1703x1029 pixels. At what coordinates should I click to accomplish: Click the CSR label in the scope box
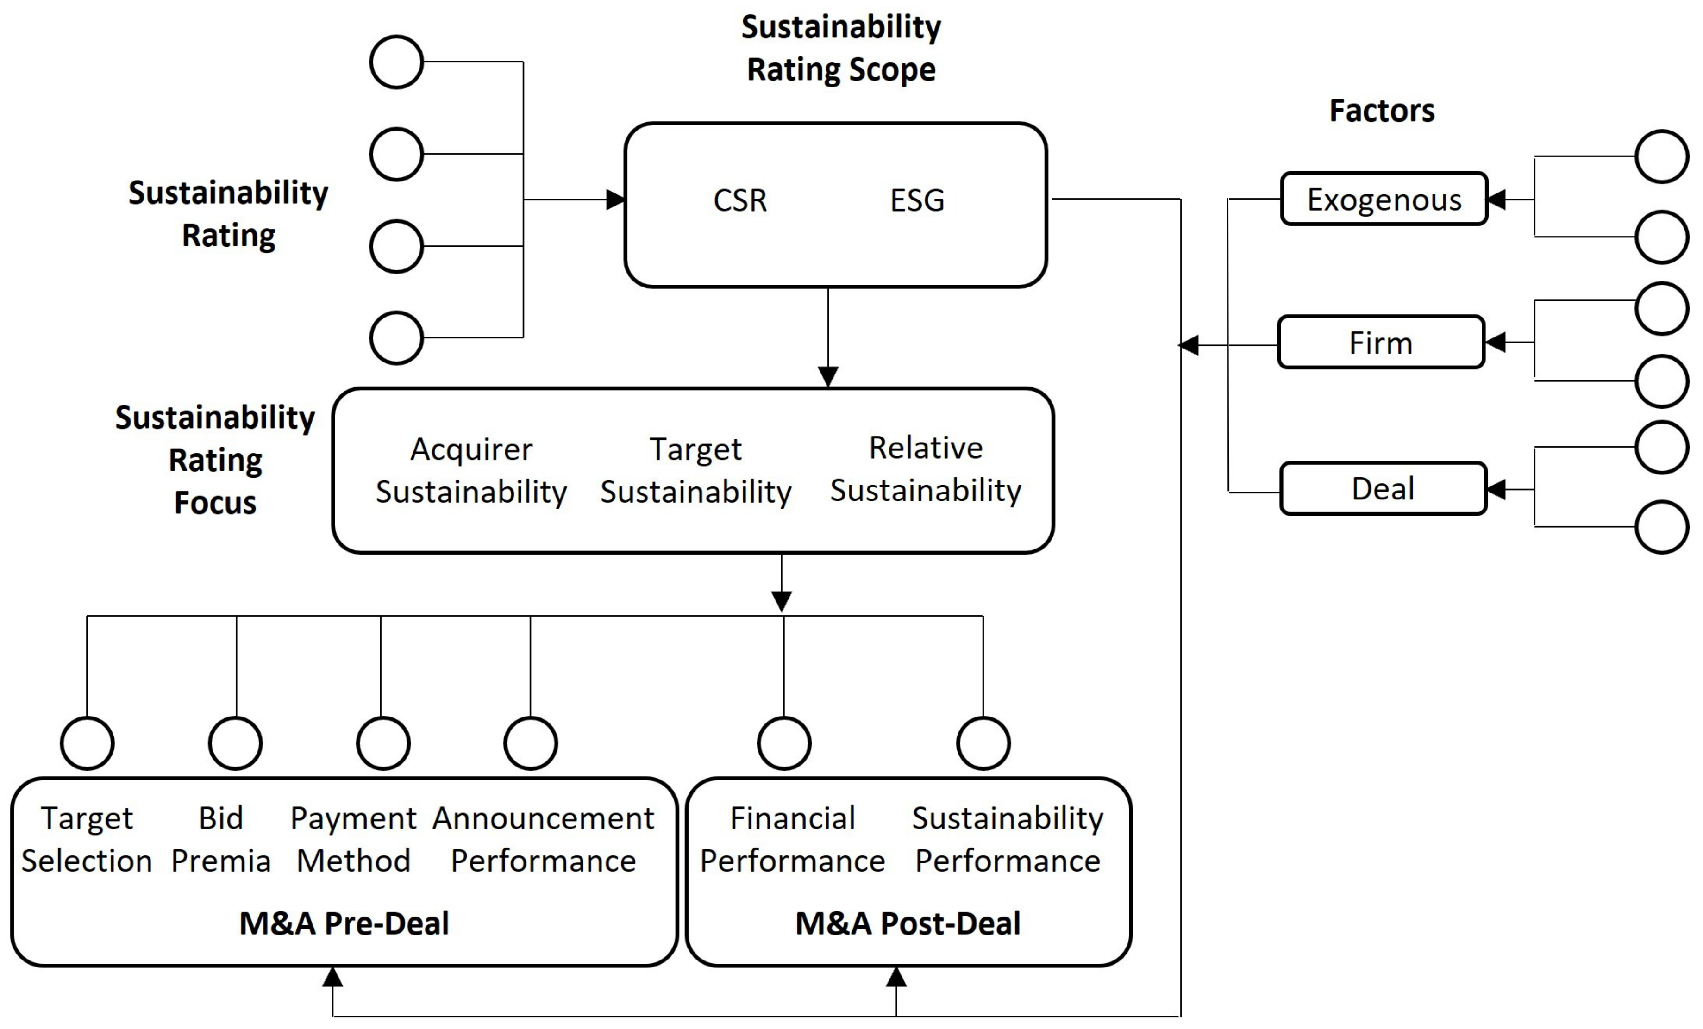coord(739,201)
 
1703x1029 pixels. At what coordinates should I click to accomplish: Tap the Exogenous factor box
coord(1384,199)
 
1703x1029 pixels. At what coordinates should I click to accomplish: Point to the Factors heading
coord(1382,111)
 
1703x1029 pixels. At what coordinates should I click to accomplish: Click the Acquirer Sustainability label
coord(471,471)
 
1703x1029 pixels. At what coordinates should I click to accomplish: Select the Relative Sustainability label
coord(926,469)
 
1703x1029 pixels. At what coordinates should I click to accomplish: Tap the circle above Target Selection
coord(87,743)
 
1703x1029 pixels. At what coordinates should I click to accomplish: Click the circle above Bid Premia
coord(235,743)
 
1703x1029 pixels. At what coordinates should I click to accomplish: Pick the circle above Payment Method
coord(383,743)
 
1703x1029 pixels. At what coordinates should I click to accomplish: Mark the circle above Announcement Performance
coord(530,743)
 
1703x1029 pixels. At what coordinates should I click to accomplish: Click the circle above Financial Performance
coord(784,743)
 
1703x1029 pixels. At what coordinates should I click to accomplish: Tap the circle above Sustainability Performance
coord(983,743)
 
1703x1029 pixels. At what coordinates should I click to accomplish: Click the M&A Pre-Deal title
coord(344,924)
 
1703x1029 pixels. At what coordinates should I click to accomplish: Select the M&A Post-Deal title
coord(908,924)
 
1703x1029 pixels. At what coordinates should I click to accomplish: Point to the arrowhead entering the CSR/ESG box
coord(615,200)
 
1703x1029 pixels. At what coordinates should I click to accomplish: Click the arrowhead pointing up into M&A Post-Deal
coord(896,977)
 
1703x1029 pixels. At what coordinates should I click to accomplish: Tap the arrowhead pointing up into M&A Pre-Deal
coord(332,977)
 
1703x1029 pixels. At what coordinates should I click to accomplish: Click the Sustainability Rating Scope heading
coord(840,49)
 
